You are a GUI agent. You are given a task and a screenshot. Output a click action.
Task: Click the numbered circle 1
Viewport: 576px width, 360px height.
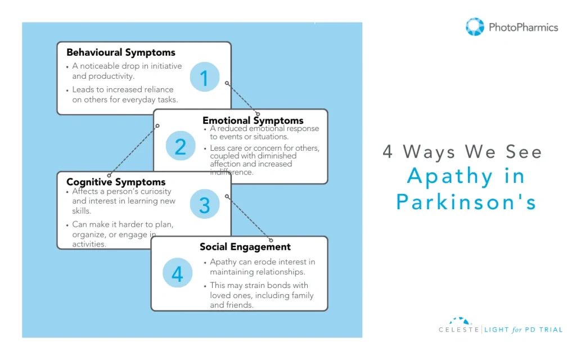204,77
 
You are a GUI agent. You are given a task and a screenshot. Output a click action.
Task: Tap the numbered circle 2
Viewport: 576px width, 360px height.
180,146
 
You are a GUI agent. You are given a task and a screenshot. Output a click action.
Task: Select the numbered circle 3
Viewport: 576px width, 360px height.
204,205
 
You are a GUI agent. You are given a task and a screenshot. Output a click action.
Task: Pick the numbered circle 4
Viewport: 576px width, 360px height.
177,274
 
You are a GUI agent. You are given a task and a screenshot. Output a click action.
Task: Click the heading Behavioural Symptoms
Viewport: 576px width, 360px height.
121,52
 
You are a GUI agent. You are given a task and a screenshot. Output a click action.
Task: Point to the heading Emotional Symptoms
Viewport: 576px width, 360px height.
253,120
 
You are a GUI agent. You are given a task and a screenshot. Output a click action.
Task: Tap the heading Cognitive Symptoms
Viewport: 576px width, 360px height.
116,182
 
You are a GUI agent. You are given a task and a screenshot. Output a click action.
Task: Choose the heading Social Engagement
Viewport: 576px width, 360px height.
245,247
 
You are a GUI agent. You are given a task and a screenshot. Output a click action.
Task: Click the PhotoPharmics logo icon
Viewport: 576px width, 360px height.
475,26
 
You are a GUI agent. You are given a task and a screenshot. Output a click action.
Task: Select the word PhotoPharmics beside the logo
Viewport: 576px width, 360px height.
523,27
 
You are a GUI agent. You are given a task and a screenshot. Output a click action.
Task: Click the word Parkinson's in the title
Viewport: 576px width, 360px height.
466,201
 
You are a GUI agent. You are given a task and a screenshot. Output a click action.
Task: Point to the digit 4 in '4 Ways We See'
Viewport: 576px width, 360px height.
388,152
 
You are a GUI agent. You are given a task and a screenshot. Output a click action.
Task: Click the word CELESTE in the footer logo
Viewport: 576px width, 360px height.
458,330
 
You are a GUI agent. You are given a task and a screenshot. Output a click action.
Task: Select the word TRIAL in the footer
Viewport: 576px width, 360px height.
550,330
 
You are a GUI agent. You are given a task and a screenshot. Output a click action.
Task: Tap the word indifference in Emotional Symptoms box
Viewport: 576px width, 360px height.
232,172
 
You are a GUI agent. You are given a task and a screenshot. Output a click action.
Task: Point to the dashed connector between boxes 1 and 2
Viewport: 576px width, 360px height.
242,98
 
